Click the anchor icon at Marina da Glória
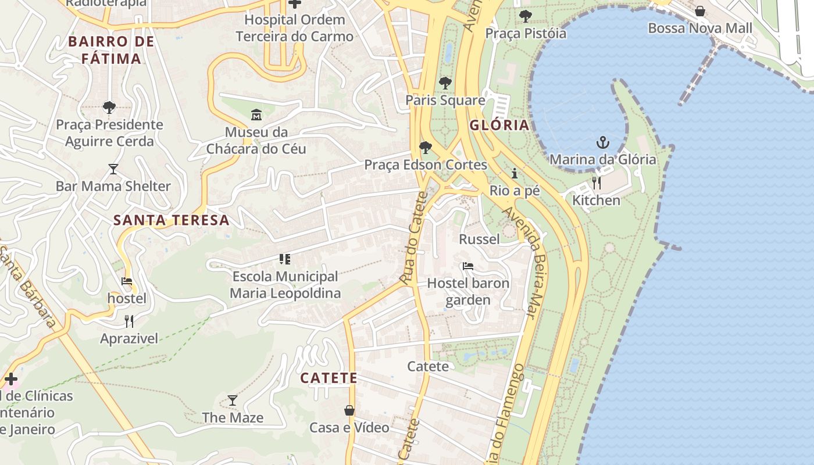point(603,142)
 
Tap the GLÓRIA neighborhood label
point(499,125)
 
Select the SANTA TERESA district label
point(172,220)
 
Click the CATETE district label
point(329,378)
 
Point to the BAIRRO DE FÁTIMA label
point(112,50)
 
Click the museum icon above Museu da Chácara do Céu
point(256,115)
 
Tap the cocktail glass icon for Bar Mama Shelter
point(113,169)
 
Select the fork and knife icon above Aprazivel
point(129,321)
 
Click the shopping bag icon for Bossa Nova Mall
point(700,11)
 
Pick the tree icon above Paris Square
point(445,83)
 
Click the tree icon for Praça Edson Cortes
point(426,148)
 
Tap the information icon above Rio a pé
point(515,173)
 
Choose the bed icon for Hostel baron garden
point(468,266)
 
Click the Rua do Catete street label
point(414,238)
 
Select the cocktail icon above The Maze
point(233,400)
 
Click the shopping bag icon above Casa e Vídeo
point(349,410)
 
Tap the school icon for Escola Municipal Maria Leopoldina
point(285,259)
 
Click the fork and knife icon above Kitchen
point(596,183)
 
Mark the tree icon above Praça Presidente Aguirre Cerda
point(109,108)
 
